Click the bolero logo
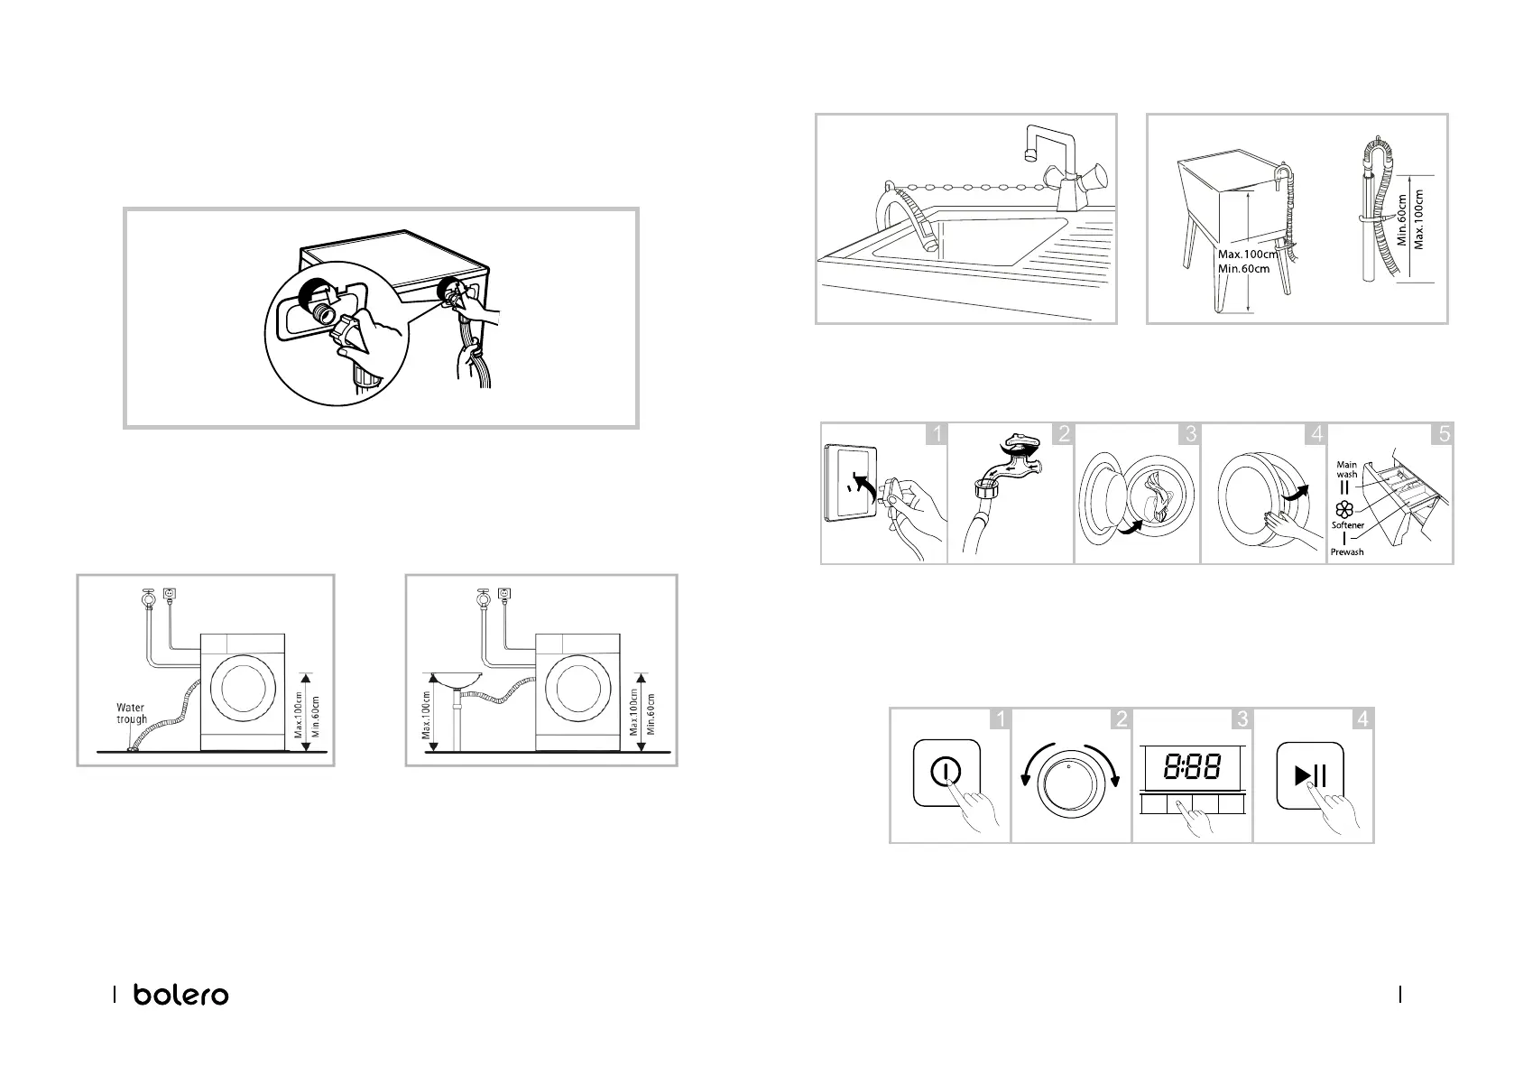tap(181, 995)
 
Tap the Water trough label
tap(131, 713)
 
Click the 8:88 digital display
tap(1192, 767)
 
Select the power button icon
tap(946, 773)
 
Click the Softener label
tap(1348, 525)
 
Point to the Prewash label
tap(1347, 552)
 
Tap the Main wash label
tap(1346, 469)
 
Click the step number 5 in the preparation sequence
tap(1443, 433)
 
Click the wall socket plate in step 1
tap(851, 484)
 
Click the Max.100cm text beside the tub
tap(1248, 255)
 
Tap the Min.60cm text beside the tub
tap(1243, 269)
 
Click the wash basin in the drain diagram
tap(457, 681)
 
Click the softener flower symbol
tap(1344, 509)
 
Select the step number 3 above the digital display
tap(1242, 718)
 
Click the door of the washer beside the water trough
tap(244, 690)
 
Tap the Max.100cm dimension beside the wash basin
tap(426, 715)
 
